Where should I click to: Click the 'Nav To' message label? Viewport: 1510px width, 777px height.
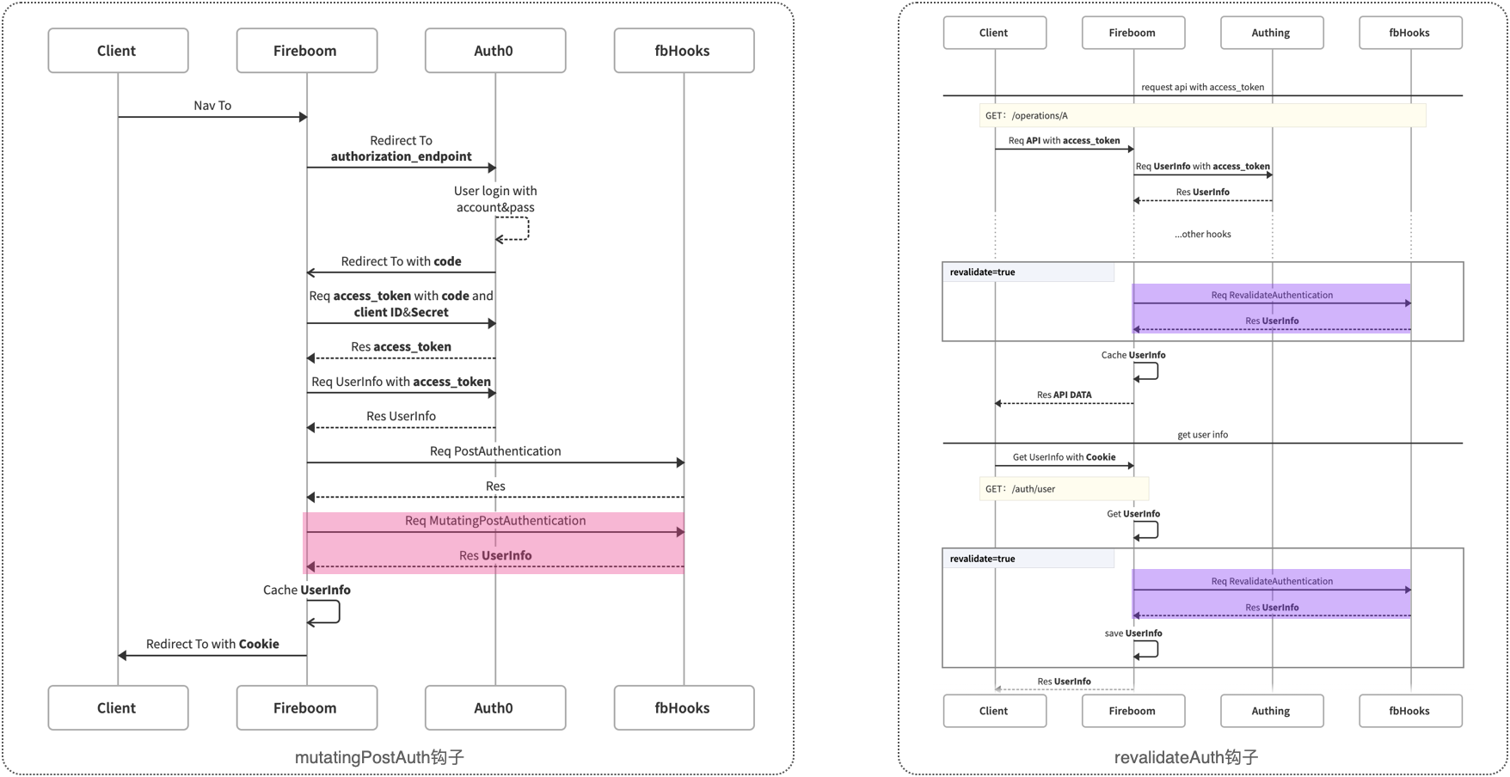[x=212, y=106]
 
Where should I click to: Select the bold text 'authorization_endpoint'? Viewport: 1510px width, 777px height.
[x=401, y=156]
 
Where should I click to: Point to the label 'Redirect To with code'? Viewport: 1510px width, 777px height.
[x=401, y=261]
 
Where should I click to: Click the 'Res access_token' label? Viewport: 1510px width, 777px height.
[x=401, y=346]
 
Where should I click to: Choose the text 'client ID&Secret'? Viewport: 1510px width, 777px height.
[x=401, y=312]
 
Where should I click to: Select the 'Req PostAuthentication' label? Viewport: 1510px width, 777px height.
[x=494, y=451]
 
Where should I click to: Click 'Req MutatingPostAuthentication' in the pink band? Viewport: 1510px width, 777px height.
[x=494, y=521]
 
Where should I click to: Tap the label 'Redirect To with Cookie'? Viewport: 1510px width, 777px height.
[x=212, y=644]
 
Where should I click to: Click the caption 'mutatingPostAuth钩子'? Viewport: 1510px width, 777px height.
[x=379, y=757]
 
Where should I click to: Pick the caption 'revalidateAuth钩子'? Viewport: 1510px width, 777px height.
[x=1186, y=757]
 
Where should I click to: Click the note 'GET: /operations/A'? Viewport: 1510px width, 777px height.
[x=1027, y=116]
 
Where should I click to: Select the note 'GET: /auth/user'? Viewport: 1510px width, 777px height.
[x=1021, y=489]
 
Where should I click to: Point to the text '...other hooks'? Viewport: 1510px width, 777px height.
[x=1202, y=234]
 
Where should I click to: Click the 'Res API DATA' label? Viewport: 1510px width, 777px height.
[x=1064, y=395]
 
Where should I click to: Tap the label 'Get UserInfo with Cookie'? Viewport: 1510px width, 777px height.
[x=1064, y=457]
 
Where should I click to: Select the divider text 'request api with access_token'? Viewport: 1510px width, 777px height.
[x=1202, y=87]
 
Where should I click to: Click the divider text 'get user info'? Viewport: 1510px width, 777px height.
[x=1202, y=435]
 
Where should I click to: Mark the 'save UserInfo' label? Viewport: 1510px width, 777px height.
[x=1132, y=633]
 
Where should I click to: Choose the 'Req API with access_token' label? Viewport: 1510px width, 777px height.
[x=1064, y=140]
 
